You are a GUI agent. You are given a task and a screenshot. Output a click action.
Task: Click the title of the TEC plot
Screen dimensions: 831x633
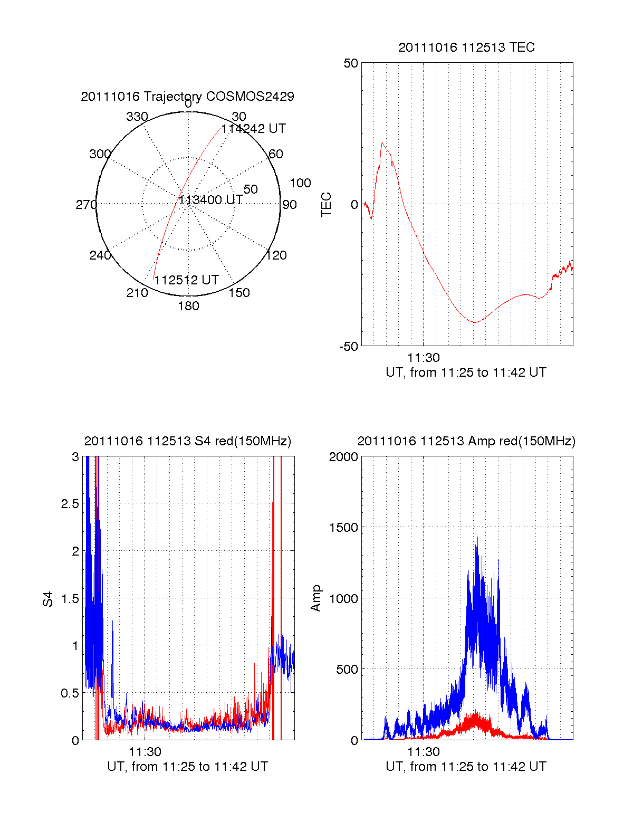(466, 47)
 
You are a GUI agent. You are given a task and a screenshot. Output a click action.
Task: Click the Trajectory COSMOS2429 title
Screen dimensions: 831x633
(187, 97)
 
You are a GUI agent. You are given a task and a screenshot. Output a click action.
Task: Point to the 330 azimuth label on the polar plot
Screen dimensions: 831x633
(137, 117)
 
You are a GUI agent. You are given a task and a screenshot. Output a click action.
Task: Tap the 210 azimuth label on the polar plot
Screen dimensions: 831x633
(137, 293)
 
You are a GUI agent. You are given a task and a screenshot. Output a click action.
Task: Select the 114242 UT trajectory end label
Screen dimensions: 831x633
(253, 129)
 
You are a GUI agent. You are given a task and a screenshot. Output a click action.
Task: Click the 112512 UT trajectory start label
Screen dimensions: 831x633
(186, 280)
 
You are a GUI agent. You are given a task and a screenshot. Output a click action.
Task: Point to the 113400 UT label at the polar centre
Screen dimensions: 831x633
(210, 200)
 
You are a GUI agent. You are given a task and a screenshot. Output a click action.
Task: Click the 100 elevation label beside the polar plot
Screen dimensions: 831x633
(300, 183)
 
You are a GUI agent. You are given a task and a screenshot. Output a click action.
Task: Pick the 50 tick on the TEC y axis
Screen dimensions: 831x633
(351, 63)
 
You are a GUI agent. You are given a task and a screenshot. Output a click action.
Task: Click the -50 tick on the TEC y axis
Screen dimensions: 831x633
(348, 347)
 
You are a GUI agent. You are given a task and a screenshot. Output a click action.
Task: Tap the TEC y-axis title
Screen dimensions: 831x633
(327, 205)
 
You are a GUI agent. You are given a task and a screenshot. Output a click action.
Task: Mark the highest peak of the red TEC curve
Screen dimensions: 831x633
(382, 142)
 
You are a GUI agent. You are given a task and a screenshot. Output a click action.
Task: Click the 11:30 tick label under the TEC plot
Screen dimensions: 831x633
(423, 358)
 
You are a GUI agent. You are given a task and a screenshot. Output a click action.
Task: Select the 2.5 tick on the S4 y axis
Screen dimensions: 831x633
(70, 503)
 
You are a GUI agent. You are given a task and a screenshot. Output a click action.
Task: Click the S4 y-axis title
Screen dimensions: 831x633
(48, 599)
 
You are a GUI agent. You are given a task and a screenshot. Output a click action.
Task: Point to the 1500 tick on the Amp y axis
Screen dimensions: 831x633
(343, 527)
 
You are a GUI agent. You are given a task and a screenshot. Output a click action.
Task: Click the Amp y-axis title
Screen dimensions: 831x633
(316, 598)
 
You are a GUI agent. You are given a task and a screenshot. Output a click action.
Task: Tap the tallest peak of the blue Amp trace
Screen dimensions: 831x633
(477, 538)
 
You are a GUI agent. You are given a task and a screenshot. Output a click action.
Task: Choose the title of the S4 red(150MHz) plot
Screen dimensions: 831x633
(187, 441)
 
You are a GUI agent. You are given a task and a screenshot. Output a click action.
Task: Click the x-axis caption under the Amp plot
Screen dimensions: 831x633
(466, 767)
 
